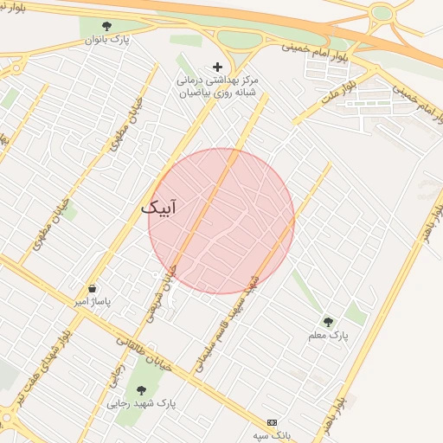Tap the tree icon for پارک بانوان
[x=106, y=27]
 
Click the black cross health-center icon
[x=216, y=67]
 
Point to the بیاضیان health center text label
[x=218, y=85]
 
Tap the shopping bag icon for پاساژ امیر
[x=92, y=289]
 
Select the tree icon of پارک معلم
[x=328, y=322]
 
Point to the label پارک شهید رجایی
[x=142, y=403]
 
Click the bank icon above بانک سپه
[x=273, y=421]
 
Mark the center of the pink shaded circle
[x=221, y=221]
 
